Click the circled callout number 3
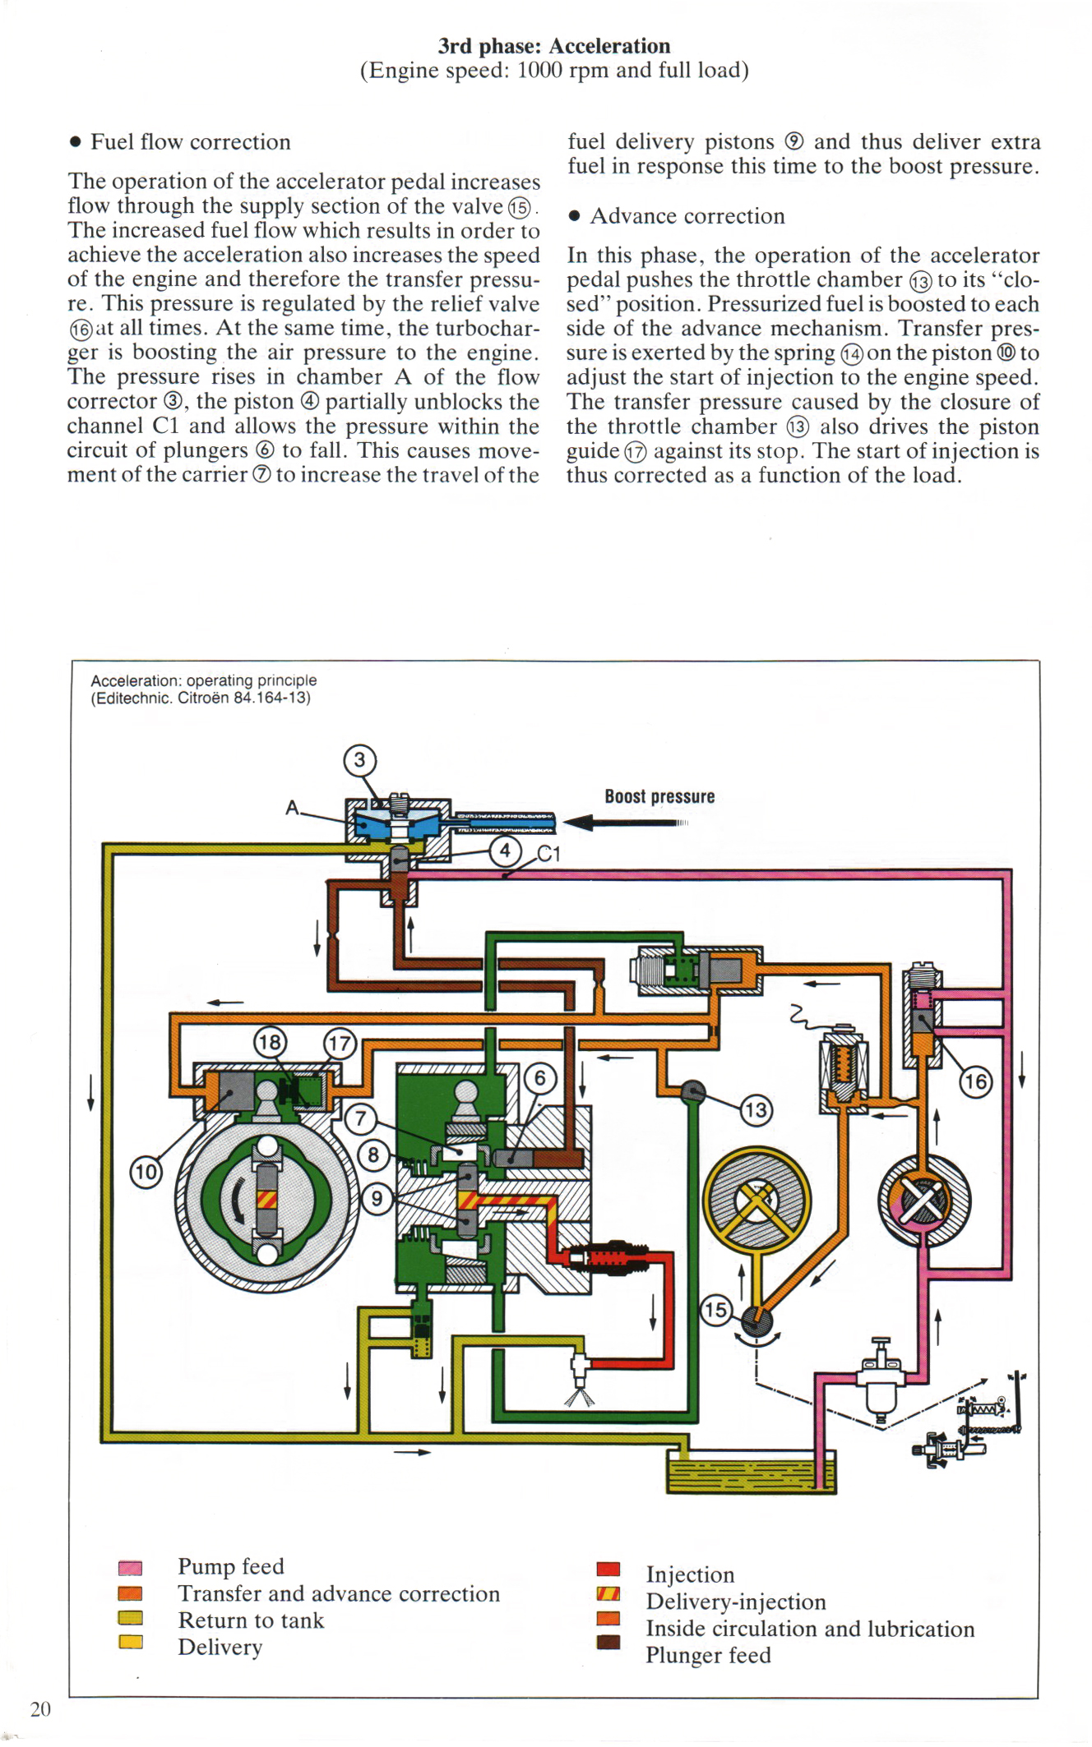tap(359, 760)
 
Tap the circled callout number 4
tap(505, 850)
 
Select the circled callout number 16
tap(975, 1081)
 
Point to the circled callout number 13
tap(755, 1110)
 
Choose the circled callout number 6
tap(539, 1078)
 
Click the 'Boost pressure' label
tap(659, 796)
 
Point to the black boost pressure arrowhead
tap(578, 822)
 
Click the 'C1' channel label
tap(548, 855)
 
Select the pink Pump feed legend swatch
tap(130, 1568)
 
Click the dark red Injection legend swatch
tap(608, 1569)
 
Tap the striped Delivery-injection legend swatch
tap(608, 1594)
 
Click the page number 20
tap(40, 1709)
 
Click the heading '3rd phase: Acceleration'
tap(553, 46)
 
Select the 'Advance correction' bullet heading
tap(687, 216)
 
